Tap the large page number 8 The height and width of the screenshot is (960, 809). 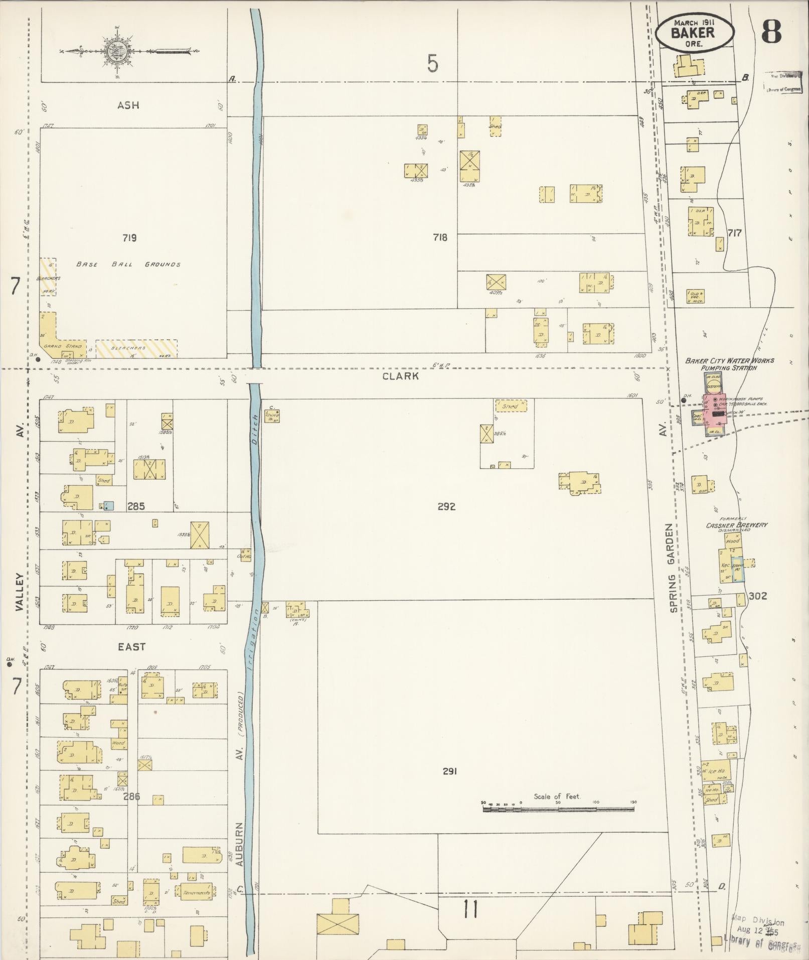771,33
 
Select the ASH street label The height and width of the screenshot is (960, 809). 128,105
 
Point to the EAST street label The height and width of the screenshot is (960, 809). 131,647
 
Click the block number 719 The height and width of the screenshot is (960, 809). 129,238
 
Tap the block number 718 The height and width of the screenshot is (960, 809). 440,237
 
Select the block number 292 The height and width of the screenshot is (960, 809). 446,506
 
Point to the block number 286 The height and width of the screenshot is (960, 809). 132,796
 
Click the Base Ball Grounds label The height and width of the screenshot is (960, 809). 128,264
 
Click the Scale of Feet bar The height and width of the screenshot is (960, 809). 558,809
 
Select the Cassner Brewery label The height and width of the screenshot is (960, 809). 736,525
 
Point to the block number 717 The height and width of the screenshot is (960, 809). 734,233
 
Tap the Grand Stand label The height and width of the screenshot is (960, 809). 59,346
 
